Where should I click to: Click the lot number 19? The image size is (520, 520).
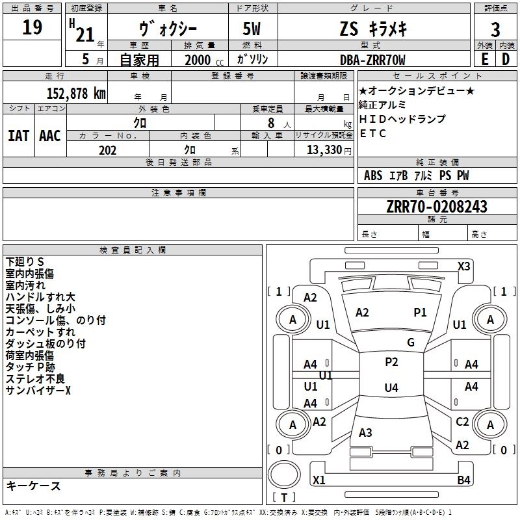[32, 29]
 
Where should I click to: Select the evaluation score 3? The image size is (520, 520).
[495, 31]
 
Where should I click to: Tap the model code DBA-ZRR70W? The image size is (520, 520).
[372, 60]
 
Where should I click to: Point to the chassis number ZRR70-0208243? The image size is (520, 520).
[436, 207]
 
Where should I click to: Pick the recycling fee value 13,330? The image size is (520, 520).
[324, 149]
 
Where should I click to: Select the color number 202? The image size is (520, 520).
[108, 149]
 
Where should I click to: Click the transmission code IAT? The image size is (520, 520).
[19, 135]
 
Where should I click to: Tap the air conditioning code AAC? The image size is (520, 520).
[50, 135]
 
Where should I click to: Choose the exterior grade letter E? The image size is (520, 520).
[484, 59]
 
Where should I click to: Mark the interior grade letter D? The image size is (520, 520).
[506, 59]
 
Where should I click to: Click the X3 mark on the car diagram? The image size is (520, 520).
[464, 266]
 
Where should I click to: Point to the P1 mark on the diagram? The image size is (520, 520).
[421, 313]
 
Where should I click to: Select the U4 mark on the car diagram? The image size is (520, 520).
[391, 388]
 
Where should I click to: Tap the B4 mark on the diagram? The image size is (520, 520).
[463, 480]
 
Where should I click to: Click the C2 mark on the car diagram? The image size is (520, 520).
[462, 422]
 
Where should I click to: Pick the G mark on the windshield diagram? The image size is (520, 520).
[411, 343]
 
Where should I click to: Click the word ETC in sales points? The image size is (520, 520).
[373, 134]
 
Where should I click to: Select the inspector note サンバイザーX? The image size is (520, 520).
[38, 390]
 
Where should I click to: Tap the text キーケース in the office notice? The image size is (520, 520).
[33, 486]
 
